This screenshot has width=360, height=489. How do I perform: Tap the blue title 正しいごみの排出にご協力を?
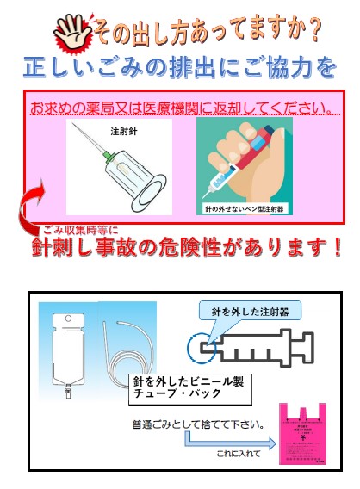tap(179, 65)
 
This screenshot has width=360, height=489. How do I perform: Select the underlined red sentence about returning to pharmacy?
tap(182, 108)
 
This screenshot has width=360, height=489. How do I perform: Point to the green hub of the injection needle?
tap(107, 156)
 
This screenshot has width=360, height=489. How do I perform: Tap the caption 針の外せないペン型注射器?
tap(245, 208)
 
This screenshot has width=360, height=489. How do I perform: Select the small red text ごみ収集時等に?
tap(81, 230)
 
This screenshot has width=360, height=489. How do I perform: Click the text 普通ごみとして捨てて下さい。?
tap(198, 424)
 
